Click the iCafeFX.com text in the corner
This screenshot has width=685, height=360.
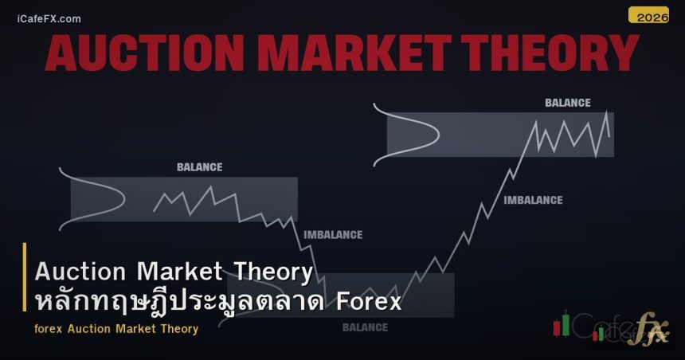click(x=49, y=18)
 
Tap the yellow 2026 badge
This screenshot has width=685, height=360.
click(x=648, y=15)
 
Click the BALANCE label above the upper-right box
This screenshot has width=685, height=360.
click(x=567, y=103)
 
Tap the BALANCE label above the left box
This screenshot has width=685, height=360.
click(x=199, y=167)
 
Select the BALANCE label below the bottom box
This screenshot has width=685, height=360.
click(x=365, y=327)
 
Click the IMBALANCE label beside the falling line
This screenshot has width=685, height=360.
click(x=333, y=235)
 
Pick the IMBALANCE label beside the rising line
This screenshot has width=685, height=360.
click(x=533, y=200)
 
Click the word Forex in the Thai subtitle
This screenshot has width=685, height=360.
click(x=369, y=303)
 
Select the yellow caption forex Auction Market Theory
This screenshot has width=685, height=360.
click(x=116, y=328)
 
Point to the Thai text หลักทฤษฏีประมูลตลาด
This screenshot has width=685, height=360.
click(x=181, y=303)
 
